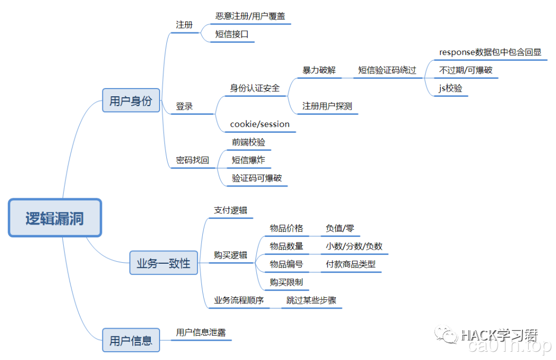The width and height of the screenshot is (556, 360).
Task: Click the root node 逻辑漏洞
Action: coord(55,218)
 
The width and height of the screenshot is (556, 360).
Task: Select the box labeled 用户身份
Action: coord(131,100)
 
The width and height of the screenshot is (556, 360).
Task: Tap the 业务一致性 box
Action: coord(163,264)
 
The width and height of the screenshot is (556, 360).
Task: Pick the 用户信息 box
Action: coord(131,340)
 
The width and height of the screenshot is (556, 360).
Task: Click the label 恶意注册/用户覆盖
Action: coord(250,16)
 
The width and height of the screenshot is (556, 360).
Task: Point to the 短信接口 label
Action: coord(232,35)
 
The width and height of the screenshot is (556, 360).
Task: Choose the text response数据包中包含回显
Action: coord(490,52)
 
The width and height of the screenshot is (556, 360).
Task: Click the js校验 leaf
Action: coord(450,88)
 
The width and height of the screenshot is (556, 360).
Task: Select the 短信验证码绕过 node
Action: coord(387,70)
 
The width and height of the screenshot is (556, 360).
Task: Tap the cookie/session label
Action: coord(260,124)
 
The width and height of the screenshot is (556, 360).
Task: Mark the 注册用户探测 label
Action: coord(327,106)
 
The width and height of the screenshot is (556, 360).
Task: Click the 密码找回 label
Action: coord(193,160)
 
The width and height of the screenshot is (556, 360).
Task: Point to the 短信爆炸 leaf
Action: coord(249,160)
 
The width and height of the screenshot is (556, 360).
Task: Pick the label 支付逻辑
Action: coord(231,210)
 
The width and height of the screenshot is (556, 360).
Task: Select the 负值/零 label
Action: coord(340,228)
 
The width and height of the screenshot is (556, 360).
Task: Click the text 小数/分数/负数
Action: coord(354,246)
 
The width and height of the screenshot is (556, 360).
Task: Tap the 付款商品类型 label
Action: coord(351,264)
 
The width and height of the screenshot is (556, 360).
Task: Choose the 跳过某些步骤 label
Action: coord(311,300)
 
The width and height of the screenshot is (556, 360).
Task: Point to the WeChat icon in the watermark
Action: coord(445,335)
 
